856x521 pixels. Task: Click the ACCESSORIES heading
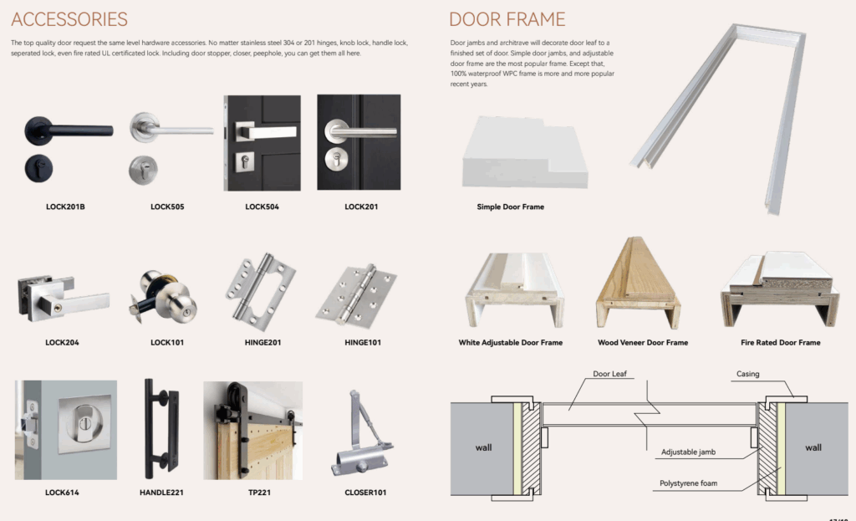pos(69,20)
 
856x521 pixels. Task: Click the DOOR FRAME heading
pos(507,20)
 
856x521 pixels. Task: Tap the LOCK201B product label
pos(65,207)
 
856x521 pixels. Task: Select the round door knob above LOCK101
pos(164,297)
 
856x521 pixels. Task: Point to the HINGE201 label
pos(262,342)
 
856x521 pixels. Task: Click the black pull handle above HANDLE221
pos(161,429)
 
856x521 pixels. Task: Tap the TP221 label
pos(259,493)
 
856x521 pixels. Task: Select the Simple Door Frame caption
pos(511,207)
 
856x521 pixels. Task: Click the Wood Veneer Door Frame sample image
pos(638,283)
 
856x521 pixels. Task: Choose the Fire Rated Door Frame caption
pos(781,342)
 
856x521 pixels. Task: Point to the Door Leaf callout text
pos(609,374)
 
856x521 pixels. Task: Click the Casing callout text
pos(748,374)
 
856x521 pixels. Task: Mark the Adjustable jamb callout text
pos(689,452)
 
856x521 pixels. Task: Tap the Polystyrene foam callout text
pos(689,483)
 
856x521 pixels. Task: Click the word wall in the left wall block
pos(484,447)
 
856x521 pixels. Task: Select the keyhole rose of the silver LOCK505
pos(143,171)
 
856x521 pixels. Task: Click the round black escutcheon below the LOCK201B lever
pos(38,168)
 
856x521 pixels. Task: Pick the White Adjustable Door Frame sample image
pos(514,290)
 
